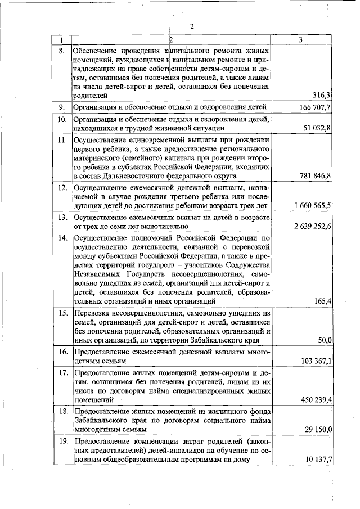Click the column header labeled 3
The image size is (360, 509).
tap(301, 40)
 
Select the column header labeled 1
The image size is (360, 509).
tap(61, 40)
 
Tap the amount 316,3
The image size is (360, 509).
tap(321, 96)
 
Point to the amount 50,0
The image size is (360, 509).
tap(324, 340)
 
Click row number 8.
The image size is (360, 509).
tap(62, 51)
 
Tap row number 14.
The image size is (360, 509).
tap(63, 237)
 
